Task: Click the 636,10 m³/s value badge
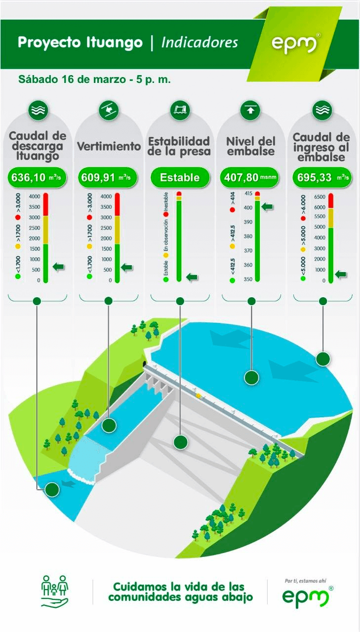(37, 177)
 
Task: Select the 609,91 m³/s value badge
(108, 177)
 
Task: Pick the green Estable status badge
(180, 177)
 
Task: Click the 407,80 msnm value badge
(250, 177)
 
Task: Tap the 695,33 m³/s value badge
(322, 177)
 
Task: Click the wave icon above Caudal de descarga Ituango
(38, 110)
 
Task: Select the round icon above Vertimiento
(109, 110)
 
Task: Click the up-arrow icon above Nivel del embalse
(250, 110)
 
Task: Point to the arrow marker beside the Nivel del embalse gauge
(268, 207)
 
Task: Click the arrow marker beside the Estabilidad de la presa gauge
(192, 277)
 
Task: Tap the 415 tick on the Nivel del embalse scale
(248, 194)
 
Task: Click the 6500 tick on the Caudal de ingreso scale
(320, 197)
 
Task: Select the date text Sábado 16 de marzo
(72, 79)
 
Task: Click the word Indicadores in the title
(200, 42)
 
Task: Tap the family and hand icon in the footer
(55, 591)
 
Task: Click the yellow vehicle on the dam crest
(199, 396)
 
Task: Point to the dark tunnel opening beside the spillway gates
(145, 363)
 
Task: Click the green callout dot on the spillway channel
(109, 425)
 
